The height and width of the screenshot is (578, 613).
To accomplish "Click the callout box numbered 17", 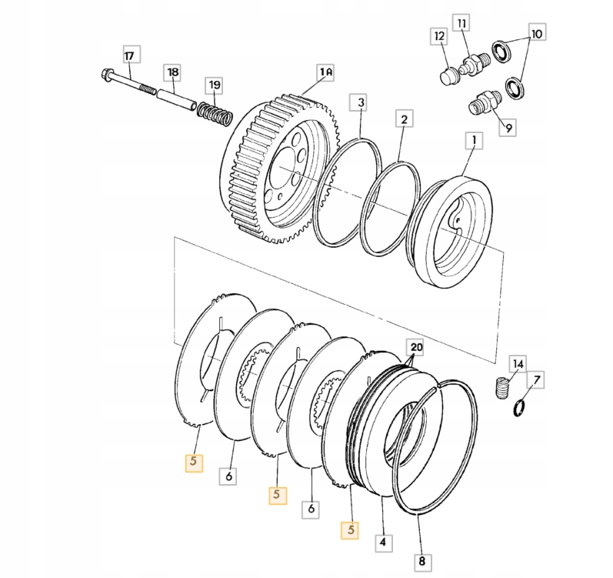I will pos(128,55).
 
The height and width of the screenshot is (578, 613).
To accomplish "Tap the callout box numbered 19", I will pos(214,84).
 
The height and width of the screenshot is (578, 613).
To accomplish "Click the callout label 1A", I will pos(325,73).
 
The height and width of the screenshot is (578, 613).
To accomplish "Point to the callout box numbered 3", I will pos(360,102).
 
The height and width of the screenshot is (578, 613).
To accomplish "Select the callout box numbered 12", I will pos(438,36).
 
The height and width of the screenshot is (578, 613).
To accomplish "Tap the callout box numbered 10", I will pos(536,35).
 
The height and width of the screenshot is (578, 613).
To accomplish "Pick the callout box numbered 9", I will pos(507,127).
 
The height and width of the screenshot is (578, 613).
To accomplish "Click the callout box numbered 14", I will pos(518,364).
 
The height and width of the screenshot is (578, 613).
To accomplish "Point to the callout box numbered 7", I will pos(536,379).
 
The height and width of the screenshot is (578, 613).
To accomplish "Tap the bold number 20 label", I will pos(415,347).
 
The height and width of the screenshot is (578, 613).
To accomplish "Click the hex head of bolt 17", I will pos(106,75).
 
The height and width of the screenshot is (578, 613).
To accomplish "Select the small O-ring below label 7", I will pos(521,408).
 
